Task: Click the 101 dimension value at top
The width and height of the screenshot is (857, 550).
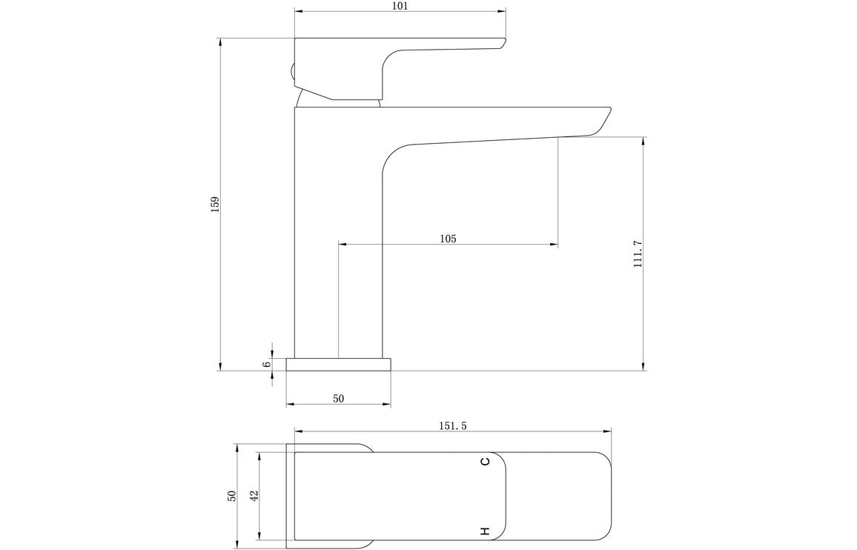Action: [400, 6]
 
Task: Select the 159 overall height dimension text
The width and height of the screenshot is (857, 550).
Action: [215, 204]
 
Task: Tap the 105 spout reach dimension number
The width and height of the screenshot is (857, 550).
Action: [448, 239]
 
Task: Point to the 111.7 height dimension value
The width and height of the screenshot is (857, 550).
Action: [638, 254]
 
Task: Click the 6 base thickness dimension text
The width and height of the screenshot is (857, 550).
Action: [266, 364]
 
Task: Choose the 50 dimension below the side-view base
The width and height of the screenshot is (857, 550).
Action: [338, 399]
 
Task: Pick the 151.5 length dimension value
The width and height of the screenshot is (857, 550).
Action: [453, 425]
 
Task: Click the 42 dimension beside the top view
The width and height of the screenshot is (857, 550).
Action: [254, 497]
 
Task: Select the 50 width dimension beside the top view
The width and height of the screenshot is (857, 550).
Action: [231, 497]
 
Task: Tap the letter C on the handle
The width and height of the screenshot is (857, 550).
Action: [485, 462]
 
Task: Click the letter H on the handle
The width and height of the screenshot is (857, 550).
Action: [485, 531]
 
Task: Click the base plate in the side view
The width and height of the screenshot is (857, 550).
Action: [338, 364]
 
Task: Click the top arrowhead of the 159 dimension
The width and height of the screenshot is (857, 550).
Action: [220, 42]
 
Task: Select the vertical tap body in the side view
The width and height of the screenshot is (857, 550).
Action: [338, 237]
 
